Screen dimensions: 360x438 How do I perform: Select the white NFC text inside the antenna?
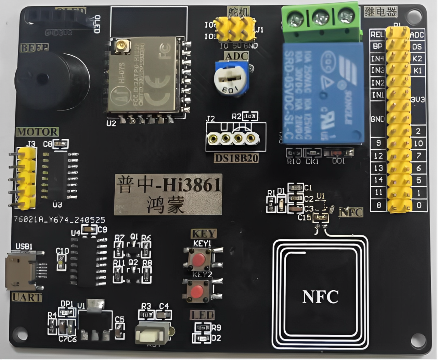[320, 297]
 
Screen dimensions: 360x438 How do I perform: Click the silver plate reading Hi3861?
[168, 194]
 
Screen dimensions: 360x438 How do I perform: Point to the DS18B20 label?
[236, 158]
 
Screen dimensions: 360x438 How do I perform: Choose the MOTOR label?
[37, 132]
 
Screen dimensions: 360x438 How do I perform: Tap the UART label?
[27, 297]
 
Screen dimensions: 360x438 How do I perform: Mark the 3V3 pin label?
[417, 99]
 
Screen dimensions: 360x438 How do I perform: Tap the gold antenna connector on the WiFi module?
[121, 46]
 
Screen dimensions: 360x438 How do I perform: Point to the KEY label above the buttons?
[204, 234]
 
